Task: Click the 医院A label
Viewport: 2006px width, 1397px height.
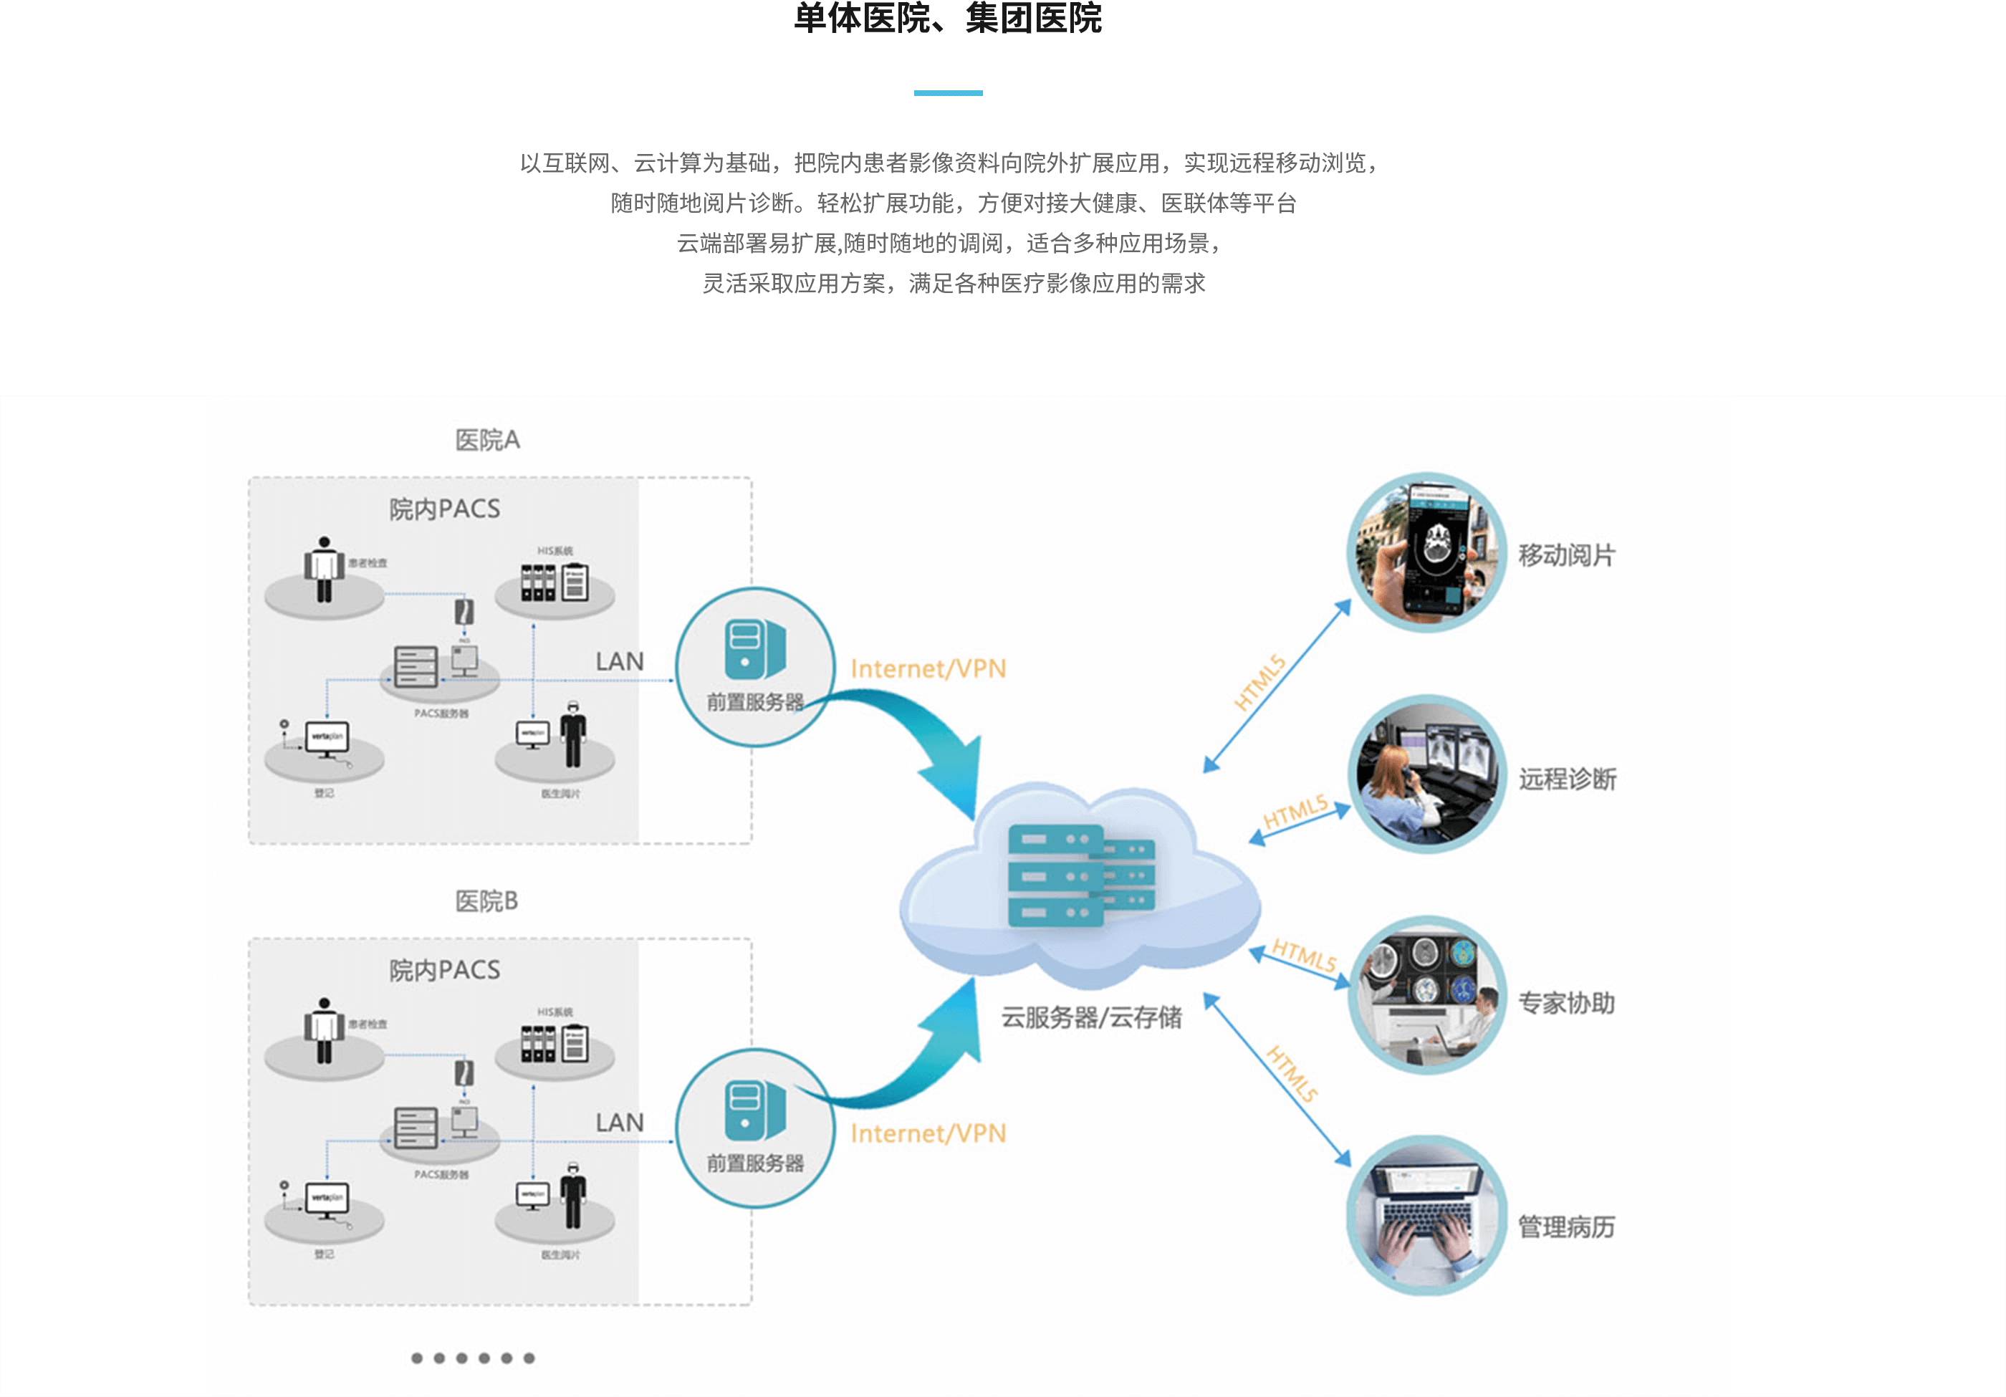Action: [x=486, y=439]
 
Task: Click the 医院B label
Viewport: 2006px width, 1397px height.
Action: [x=486, y=901]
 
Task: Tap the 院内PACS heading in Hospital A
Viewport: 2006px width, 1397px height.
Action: [x=445, y=509]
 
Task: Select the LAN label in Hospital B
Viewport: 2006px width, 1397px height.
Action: [x=620, y=1123]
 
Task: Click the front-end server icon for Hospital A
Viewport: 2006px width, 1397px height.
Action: [x=754, y=650]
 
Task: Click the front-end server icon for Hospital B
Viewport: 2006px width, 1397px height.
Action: [x=754, y=1110]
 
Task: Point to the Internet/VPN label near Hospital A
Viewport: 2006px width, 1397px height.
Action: [x=928, y=669]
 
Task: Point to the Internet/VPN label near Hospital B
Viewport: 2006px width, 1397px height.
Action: [x=928, y=1133]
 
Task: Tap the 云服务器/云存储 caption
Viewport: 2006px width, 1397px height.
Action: [x=1091, y=1017]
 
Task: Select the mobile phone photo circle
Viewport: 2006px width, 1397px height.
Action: [x=1426, y=552]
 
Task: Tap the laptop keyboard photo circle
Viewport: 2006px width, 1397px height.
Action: [x=1426, y=1215]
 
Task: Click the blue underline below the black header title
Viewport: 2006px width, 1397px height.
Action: [x=948, y=92]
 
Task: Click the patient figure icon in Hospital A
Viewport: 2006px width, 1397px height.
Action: [x=324, y=569]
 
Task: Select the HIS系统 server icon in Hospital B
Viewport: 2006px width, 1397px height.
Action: [x=554, y=1043]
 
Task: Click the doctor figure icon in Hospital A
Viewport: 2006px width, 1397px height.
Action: [x=572, y=735]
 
